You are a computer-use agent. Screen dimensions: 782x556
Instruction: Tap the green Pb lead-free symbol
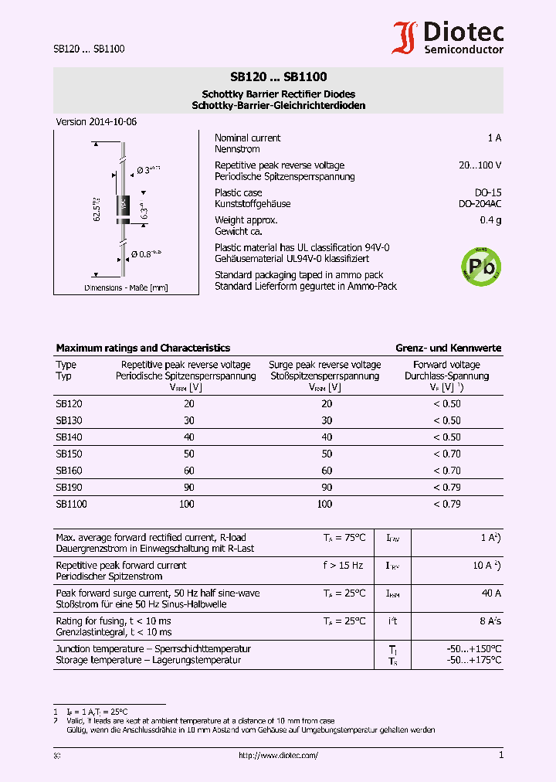pos(480,267)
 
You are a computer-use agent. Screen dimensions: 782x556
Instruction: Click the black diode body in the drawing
pos(122,206)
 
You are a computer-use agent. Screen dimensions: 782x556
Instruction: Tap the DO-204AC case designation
pos(480,204)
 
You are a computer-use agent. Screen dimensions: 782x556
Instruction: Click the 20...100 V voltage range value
pos(480,165)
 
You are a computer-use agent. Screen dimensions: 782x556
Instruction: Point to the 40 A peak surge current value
pos(491,593)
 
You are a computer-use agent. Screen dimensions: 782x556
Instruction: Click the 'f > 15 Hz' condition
pos(343,566)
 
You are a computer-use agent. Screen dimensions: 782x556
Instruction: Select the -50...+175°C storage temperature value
pos(473,661)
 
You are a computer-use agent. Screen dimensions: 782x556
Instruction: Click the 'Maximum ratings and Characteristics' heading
pos(143,348)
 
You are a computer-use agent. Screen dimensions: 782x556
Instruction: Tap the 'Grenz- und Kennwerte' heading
pos(448,348)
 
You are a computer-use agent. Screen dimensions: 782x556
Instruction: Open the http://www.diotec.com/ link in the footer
pos(278,756)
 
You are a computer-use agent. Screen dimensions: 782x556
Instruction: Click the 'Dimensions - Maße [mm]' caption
pos(126,288)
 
